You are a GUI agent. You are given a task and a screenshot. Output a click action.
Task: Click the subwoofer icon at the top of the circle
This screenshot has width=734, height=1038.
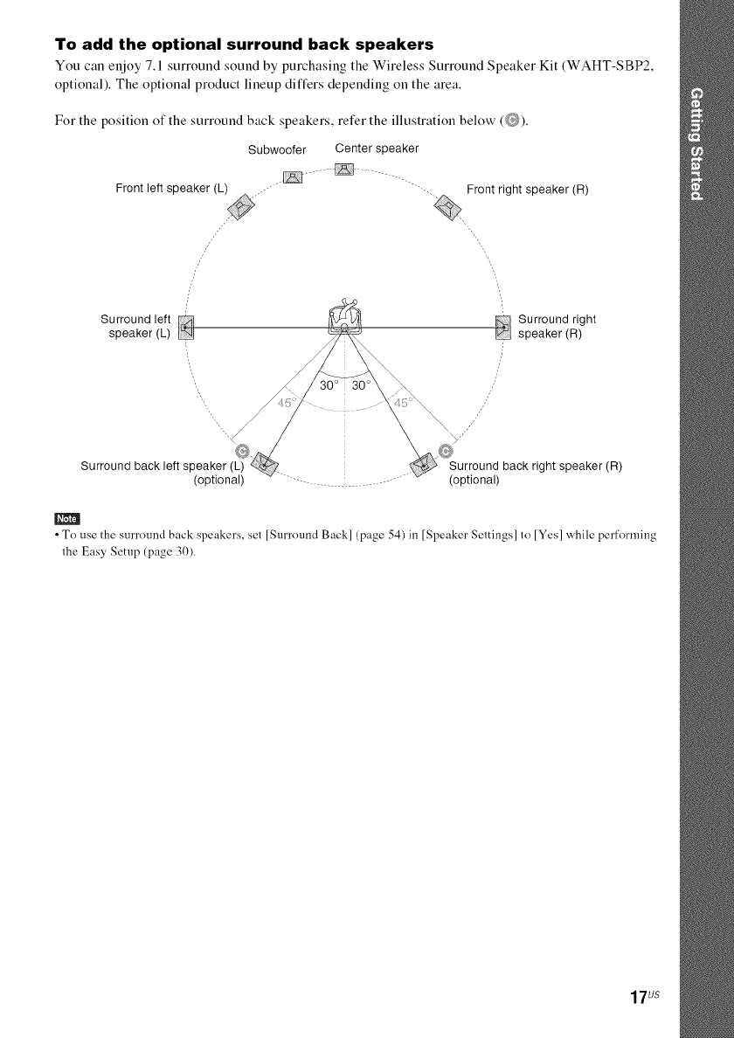click(292, 178)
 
